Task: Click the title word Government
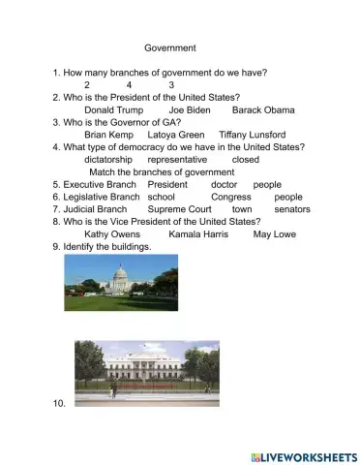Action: tap(170, 47)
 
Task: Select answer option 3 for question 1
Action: tap(171, 85)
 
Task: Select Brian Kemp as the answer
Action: tap(107, 135)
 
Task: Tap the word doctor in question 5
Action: tap(224, 184)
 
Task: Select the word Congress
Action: tap(230, 197)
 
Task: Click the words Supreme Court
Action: tap(179, 209)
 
